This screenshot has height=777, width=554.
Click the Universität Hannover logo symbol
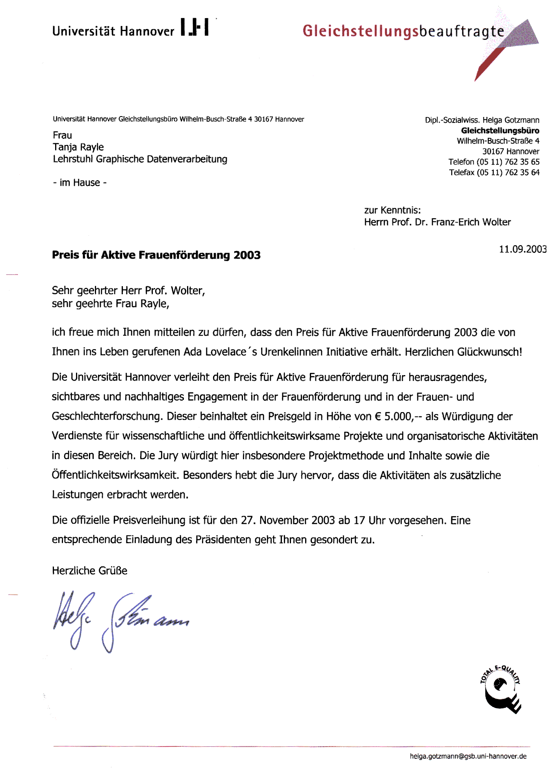195,27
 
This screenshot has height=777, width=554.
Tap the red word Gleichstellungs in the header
360,31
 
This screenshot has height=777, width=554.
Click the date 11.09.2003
523,249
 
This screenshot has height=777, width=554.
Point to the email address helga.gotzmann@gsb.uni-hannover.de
468,756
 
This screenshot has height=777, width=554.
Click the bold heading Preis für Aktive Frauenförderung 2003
156,255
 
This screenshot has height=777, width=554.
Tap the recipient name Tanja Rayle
78,147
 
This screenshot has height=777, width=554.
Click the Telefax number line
494,172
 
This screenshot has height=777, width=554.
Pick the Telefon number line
494,162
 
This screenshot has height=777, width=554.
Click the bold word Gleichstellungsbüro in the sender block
500,131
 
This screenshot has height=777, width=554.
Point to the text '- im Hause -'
80,183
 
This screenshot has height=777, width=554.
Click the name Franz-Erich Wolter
471,222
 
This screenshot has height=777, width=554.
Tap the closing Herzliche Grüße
90,571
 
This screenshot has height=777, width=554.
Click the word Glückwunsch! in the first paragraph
489,352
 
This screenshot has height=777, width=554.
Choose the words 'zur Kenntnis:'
392,210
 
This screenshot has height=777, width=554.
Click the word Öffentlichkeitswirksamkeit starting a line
115,475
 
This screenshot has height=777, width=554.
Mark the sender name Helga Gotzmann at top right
511,120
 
